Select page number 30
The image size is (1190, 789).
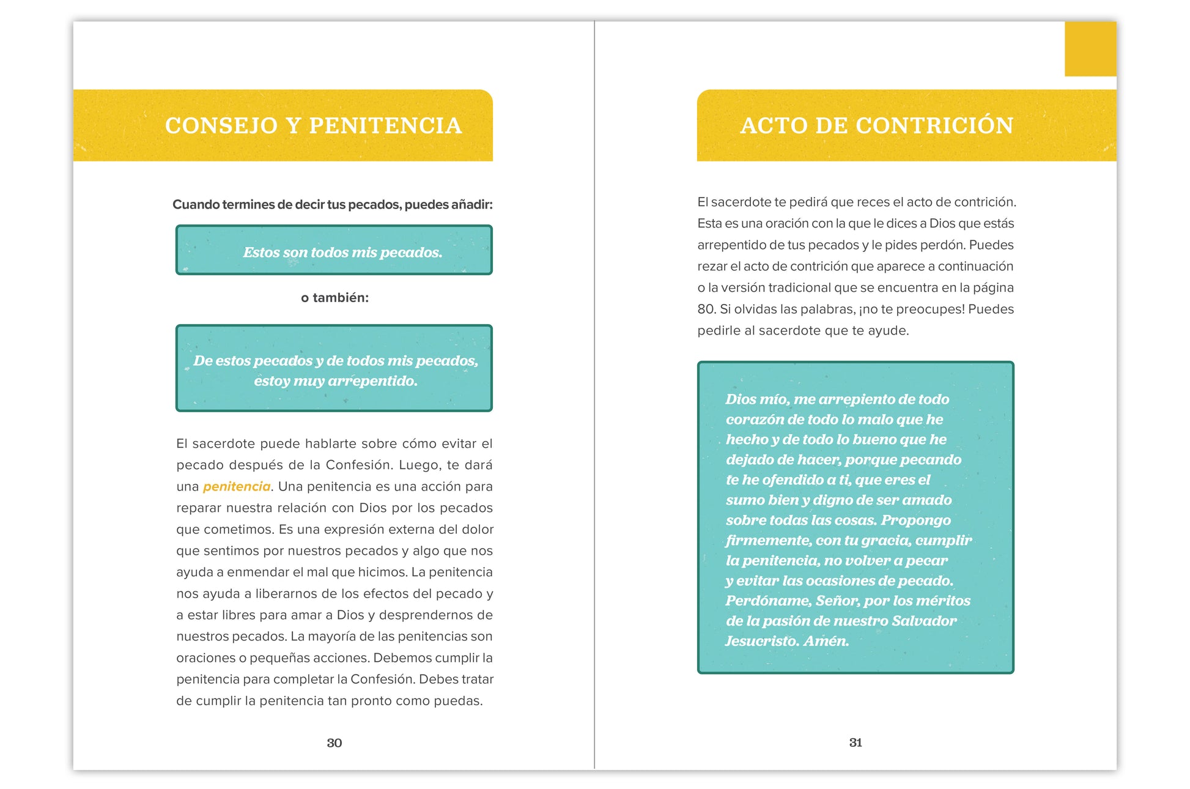pyautogui.click(x=334, y=743)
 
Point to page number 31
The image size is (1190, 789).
pyautogui.click(x=856, y=742)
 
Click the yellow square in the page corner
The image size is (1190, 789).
pyautogui.click(x=1090, y=49)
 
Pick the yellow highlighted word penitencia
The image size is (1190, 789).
pyautogui.click(x=237, y=486)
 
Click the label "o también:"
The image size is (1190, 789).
pyautogui.click(x=334, y=298)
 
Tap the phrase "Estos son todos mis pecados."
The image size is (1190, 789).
pyautogui.click(x=342, y=252)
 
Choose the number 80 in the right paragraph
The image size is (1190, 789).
pyautogui.click(x=706, y=309)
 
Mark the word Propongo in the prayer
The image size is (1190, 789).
pyautogui.click(x=915, y=520)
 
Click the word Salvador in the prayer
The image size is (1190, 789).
pyautogui.click(x=923, y=621)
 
